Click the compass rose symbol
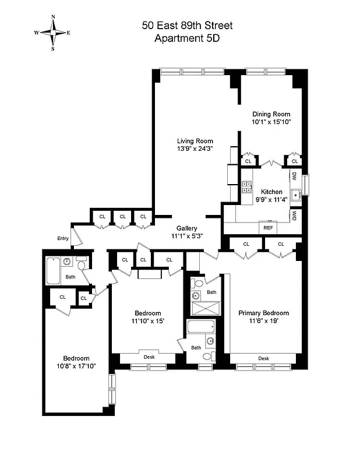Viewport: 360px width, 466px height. point(53,33)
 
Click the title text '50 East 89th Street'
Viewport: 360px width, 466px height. point(187,26)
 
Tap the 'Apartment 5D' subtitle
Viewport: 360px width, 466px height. point(187,39)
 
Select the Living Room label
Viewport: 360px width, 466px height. point(195,141)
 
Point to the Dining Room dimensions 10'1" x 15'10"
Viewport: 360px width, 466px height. point(271,122)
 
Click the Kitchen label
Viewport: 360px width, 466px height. point(271,192)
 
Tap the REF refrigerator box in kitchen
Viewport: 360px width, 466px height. point(269,228)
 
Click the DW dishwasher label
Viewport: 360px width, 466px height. point(294,176)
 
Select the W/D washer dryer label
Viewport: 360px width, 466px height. point(294,215)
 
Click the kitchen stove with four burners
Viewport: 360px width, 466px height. point(246,187)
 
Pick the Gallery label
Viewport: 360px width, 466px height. point(183,228)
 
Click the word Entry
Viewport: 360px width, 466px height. point(63,238)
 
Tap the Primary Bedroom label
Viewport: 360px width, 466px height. point(264,313)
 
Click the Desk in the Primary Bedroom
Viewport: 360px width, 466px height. point(264,358)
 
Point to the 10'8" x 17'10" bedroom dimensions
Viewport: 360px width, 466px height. point(76,366)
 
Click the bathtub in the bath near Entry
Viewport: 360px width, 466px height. point(54,270)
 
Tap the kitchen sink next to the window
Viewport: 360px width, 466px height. point(295,195)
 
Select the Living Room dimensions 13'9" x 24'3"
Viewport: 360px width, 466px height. point(195,149)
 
